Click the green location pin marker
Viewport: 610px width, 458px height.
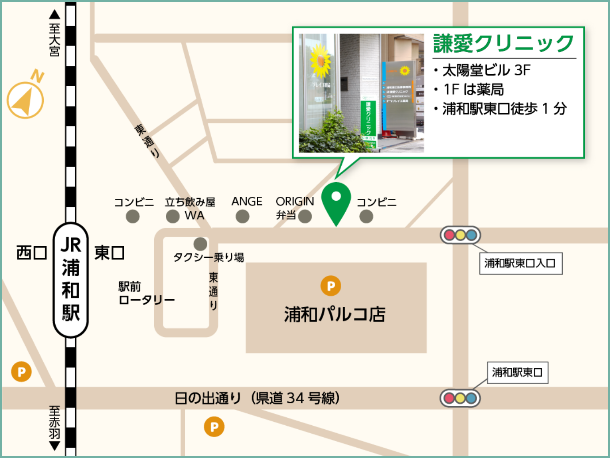(x=336, y=201)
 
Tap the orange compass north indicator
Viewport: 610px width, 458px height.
(x=26, y=99)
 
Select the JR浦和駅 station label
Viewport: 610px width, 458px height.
(x=71, y=280)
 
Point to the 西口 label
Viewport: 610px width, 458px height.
(x=31, y=253)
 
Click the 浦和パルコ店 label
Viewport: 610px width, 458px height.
(x=335, y=314)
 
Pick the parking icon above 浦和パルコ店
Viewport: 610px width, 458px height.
(x=331, y=286)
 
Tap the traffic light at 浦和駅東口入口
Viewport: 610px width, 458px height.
(x=460, y=235)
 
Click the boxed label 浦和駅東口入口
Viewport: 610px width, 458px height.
(x=520, y=263)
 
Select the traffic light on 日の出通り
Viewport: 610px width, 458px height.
(x=460, y=398)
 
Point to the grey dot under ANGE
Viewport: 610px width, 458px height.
(x=242, y=217)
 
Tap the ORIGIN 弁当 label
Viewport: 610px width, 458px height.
(x=294, y=208)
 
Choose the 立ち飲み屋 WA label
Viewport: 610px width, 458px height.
(x=191, y=208)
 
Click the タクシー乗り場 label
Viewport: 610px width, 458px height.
(x=208, y=257)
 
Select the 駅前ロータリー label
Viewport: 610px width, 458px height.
(x=146, y=293)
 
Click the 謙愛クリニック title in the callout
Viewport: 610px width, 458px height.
(x=503, y=44)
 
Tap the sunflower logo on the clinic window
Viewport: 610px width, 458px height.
(x=320, y=61)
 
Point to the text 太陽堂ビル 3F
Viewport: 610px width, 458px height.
(x=486, y=70)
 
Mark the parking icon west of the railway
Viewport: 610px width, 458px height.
(x=21, y=372)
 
